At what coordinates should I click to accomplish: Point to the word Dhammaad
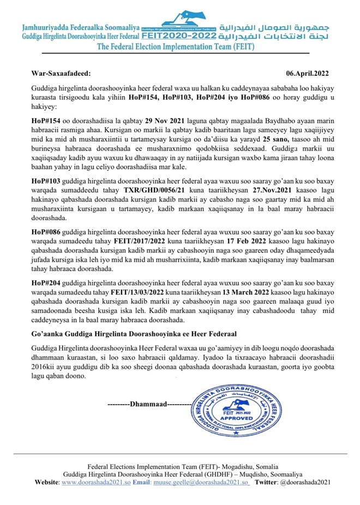[x=147, y=405]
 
